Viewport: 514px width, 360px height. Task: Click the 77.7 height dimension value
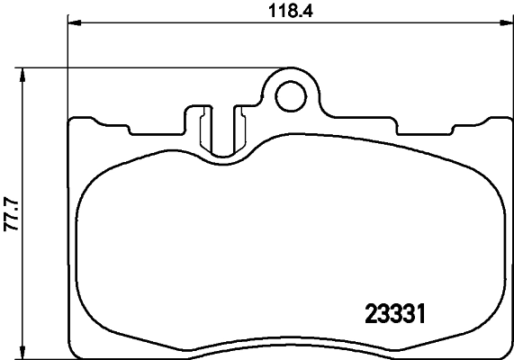(x=11, y=214)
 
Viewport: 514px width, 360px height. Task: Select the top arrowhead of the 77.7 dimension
(x=24, y=72)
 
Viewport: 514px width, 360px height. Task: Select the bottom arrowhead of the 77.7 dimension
(x=24, y=353)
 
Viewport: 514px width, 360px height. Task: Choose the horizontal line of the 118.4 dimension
(x=180, y=23)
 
